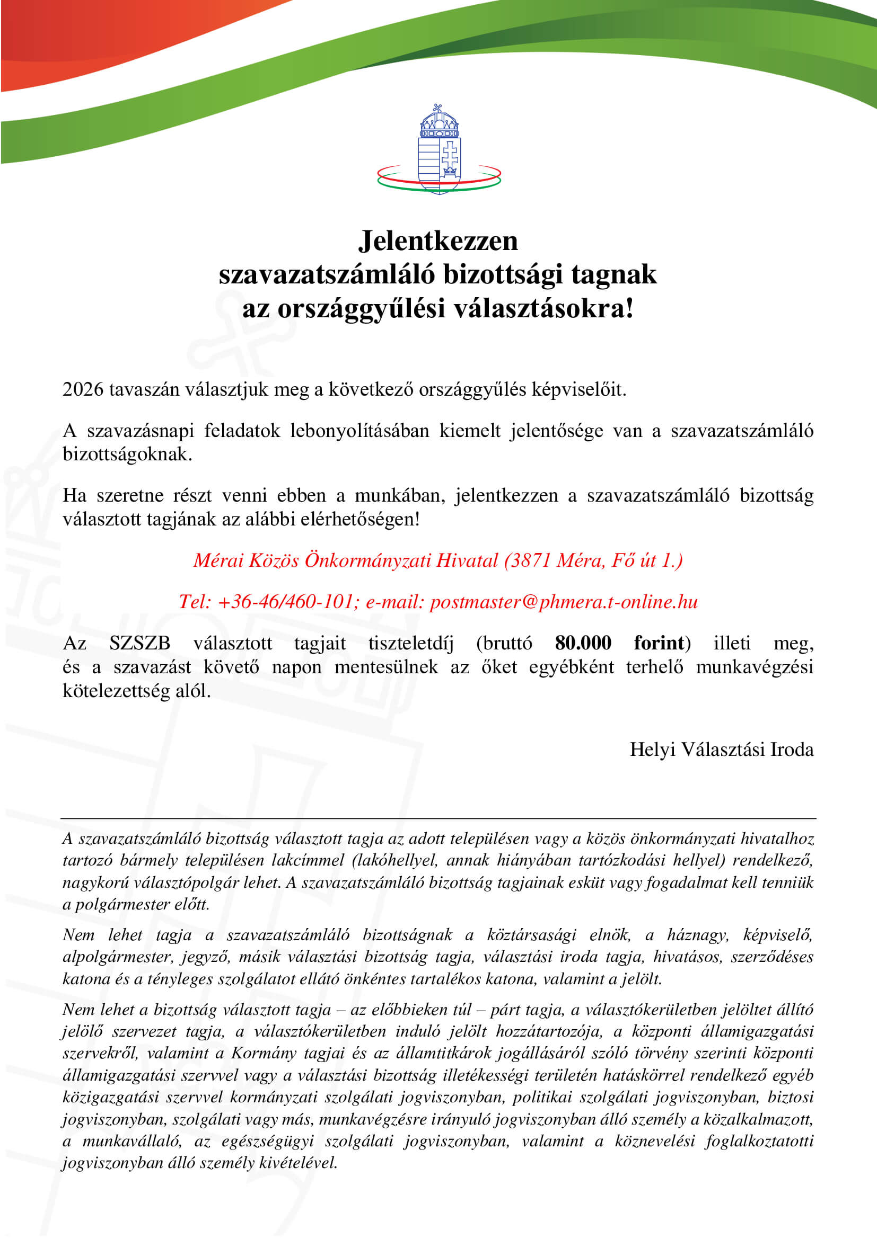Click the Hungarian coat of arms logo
pyautogui.click(x=439, y=150)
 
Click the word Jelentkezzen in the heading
pyautogui.click(x=438, y=240)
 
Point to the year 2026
pyautogui.click(x=83, y=389)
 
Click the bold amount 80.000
pyautogui.click(x=583, y=643)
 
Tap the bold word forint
pyautogui.click(x=659, y=643)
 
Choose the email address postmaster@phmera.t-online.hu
pyautogui.click(x=563, y=602)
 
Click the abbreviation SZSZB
pyautogui.click(x=139, y=643)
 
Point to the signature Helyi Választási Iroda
pyautogui.click(x=721, y=749)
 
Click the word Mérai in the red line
pyautogui.click(x=218, y=560)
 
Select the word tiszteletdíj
pyautogui.click(x=410, y=643)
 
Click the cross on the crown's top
pyautogui.click(x=437, y=107)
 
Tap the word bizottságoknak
pyautogui.click(x=127, y=454)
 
